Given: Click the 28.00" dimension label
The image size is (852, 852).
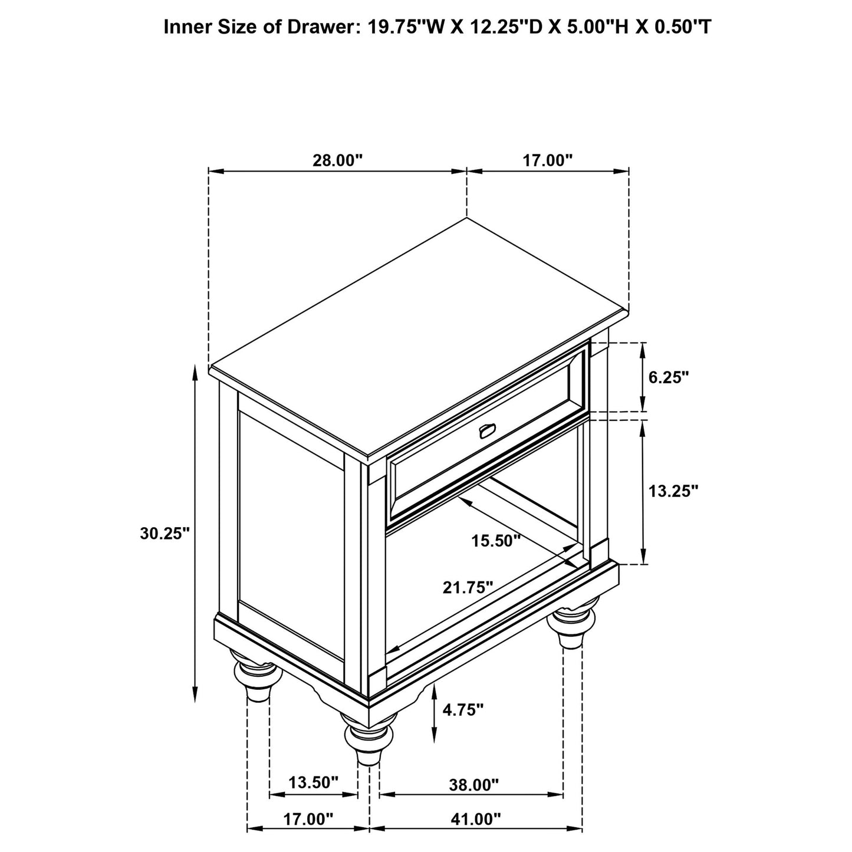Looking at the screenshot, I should tap(337, 160).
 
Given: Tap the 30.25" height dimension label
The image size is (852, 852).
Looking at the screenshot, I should tap(165, 533).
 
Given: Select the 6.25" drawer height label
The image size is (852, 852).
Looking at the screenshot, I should tap(669, 377).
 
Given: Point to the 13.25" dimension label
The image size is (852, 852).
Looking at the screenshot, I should tap(673, 491).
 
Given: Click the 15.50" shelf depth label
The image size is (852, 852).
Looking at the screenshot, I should tap(496, 540).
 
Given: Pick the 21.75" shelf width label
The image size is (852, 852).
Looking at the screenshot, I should tap(468, 587).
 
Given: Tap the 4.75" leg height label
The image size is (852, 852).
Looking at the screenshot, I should tap(463, 709).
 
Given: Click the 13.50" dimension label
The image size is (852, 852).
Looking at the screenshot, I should tap(314, 782).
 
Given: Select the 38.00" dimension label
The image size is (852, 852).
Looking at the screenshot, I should tap(473, 785).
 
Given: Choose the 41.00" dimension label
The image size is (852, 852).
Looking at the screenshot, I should tap(476, 819).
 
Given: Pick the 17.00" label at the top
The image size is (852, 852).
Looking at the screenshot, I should tap(548, 160).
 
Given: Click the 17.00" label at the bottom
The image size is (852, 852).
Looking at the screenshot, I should tap(308, 819).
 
